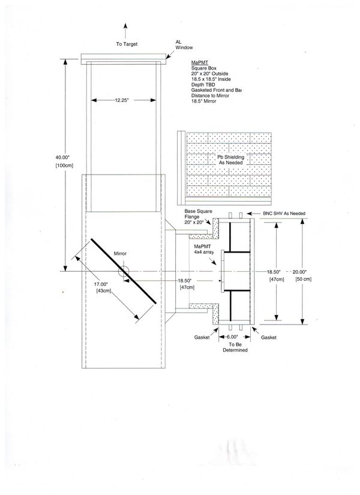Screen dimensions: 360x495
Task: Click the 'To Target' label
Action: (127, 44)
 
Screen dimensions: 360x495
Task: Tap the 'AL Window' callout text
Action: (184, 45)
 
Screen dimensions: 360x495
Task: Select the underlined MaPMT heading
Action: (200, 62)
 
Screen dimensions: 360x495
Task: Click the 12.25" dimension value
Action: (122, 100)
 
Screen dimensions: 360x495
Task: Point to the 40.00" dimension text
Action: (62, 157)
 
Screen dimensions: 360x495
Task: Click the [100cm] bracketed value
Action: (64, 166)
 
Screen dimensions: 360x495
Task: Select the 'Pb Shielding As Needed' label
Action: (231, 160)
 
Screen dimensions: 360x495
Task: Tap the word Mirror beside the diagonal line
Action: (120, 253)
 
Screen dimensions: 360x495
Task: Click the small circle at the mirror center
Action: (124, 271)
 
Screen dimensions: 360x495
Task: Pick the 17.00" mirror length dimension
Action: (101, 284)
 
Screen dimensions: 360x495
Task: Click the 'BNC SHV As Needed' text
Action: (284, 214)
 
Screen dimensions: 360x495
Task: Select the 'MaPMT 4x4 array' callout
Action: (204, 249)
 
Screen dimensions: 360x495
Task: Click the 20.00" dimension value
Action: (299, 272)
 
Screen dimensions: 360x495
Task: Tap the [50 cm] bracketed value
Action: (304, 279)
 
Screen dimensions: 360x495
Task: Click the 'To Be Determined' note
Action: (235, 347)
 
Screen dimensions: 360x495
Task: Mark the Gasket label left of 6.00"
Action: (202, 337)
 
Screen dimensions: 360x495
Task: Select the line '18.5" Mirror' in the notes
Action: (203, 101)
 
